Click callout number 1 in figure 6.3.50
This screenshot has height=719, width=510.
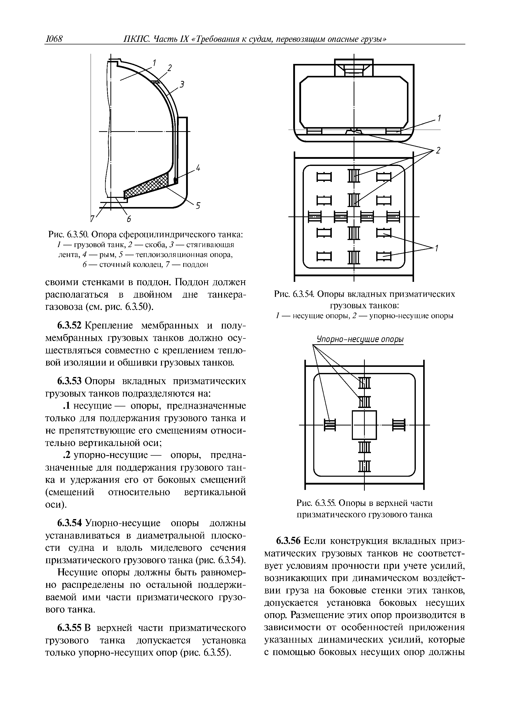(155, 63)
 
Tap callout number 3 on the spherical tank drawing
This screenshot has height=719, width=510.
(182, 84)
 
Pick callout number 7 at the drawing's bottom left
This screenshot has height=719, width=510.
(93, 219)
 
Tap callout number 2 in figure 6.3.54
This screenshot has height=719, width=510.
(438, 150)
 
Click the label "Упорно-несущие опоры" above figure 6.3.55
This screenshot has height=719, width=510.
(360, 339)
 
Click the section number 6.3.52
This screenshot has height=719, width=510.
(69, 326)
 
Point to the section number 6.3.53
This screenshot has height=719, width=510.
(69, 381)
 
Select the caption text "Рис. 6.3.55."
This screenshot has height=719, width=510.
(317, 503)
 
